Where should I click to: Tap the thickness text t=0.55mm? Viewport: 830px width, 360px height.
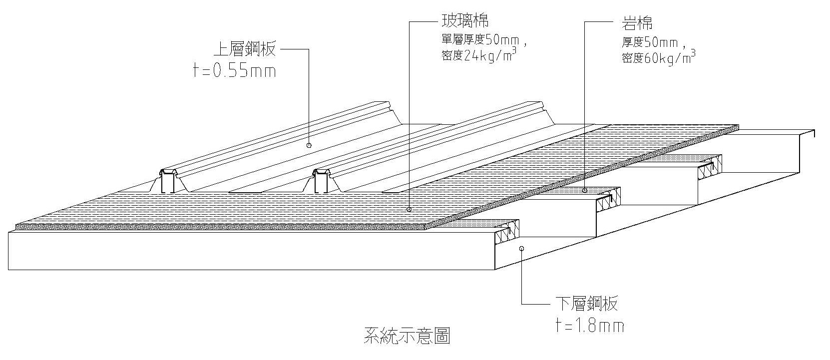pyautogui.click(x=234, y=71)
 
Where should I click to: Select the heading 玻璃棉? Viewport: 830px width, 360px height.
pyautogui.click(x=464, y=21)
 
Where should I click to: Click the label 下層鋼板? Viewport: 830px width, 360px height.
pyautogui.click(x=586, y=304)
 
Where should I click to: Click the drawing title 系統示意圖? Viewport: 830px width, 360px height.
pyautogui.click(x=407, y=337)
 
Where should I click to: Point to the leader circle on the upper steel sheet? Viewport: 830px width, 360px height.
pyautogui.click(x=309, y=145)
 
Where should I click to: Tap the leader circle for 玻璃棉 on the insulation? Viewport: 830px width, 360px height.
pyautogui.click(x=409, y=210)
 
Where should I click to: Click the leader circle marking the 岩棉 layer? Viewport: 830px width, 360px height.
pyautogui.click(x=585, y=190)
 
